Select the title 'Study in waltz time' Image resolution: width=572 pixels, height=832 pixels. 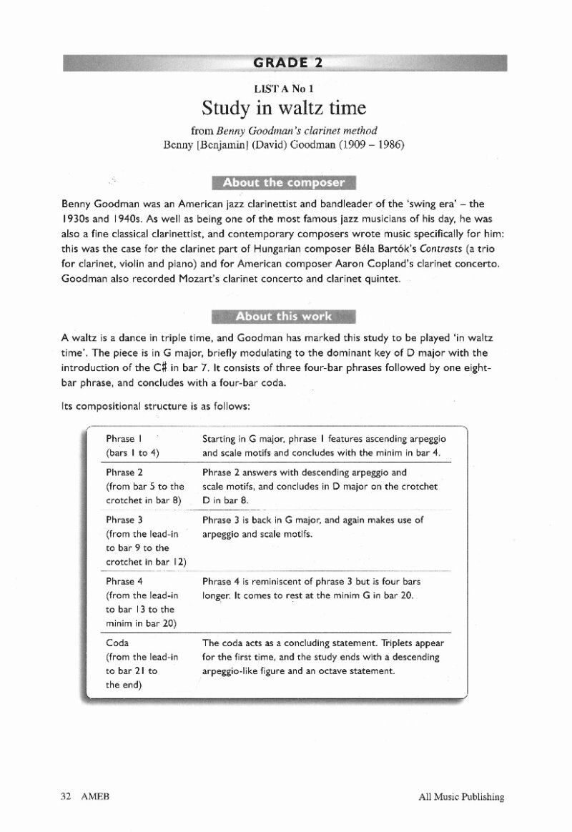(x=284, y=108)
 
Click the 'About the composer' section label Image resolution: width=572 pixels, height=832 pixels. (x=284, y=182)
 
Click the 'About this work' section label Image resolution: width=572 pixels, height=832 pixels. (x=284, y=317)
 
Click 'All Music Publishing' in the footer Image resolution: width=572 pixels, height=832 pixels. (x=462, y=797)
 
